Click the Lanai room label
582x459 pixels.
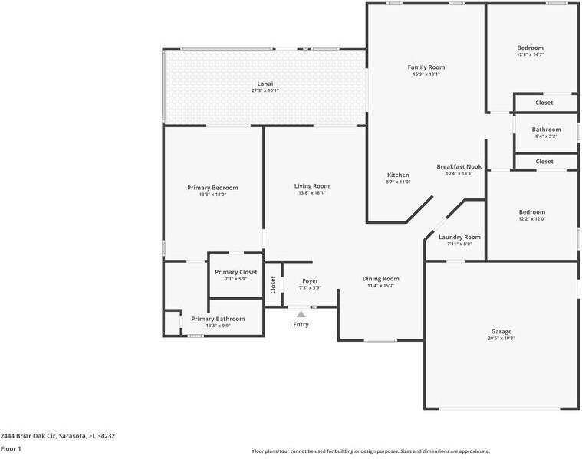[x=265, y=83]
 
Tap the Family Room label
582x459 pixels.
[x=426, y=67]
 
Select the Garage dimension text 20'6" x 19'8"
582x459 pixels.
[x=501, y=339]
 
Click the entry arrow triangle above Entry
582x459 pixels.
[x=301, y=313]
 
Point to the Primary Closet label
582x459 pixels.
[x=236, y=272]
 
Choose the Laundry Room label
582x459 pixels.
[x=459, y=237]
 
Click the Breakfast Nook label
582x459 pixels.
[x=459, y=166]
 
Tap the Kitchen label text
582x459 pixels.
[x=398, y=175]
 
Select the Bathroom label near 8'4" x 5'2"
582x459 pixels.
[x=546, y=130]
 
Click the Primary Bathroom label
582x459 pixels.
[x=218, y=319]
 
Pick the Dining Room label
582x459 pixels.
[x=381, y=279]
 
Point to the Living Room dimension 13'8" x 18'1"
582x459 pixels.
[x=311, y=193]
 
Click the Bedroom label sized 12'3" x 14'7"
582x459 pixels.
[x=530, y=48]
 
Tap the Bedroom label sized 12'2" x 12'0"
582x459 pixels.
[x=531, y=212]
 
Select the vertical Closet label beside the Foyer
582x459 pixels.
[x=273, y=284]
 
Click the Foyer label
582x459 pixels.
[x=310, y=281]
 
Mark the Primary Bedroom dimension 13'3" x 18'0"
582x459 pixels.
[x=212, y=195]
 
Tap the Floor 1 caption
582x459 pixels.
[x=11, y=448]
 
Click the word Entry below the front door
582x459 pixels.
[x=301, y=324]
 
